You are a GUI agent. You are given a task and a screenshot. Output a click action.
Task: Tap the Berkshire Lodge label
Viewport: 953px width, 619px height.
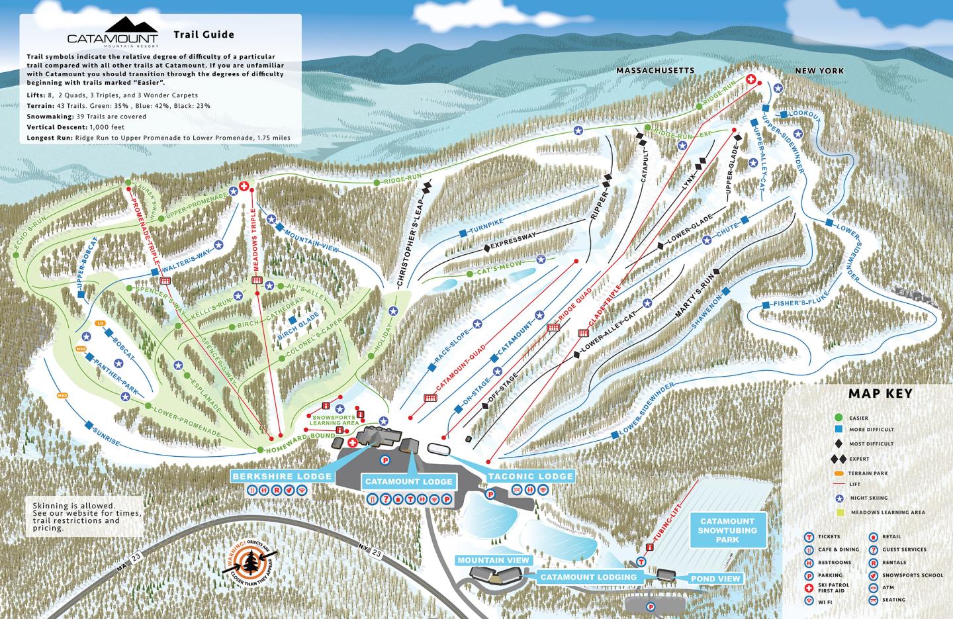282,476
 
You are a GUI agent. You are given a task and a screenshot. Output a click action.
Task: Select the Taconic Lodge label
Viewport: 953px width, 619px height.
531,476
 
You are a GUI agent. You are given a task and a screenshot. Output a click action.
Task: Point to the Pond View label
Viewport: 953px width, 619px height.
715,578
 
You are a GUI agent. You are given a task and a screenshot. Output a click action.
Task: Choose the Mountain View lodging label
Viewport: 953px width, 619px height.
493,560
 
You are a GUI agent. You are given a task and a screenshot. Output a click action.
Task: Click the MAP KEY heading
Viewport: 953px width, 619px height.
880,394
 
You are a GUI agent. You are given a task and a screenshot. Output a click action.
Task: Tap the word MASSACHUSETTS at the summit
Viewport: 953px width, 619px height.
655,70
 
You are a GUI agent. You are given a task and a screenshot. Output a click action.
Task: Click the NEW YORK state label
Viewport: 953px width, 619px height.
819,70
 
